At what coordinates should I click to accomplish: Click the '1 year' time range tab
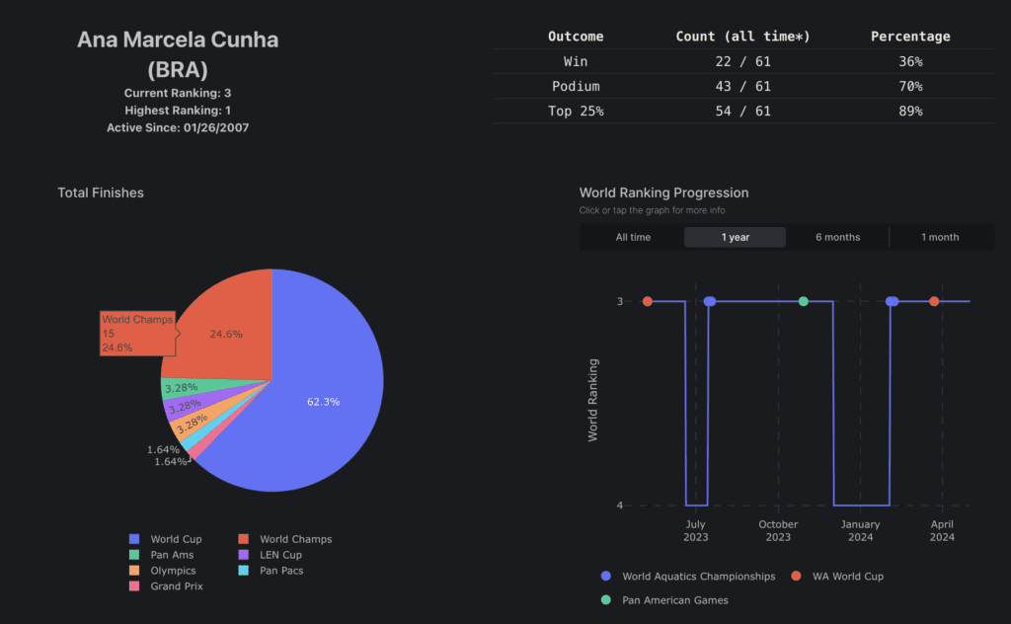[x=735, y=237]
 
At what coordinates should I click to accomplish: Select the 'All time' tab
[x=633, y=237]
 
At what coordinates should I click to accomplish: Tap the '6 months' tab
[x=837, y=237]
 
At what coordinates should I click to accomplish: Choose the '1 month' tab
[x=940, y=237]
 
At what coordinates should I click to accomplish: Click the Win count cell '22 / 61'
[x=742, y=61]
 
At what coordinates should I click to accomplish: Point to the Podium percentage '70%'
[x=909, y=86]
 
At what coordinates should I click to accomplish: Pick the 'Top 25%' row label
[x=576, y=112]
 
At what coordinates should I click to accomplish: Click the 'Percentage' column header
[x=909, y=37]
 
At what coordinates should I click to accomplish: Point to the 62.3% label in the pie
[x=323, y=402]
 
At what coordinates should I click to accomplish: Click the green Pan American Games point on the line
[x=803, y=301]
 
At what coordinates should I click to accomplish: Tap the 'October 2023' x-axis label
[x=778, y=531]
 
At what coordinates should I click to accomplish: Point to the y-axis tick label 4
[x=619, y=506]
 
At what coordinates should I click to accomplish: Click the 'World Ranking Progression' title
[x=663, y=193]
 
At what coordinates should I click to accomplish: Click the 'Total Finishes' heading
[x=101, y=193]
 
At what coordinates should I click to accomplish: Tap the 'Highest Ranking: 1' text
[x=178, y=111]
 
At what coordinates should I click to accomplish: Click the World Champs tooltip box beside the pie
[x=137, y=334]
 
